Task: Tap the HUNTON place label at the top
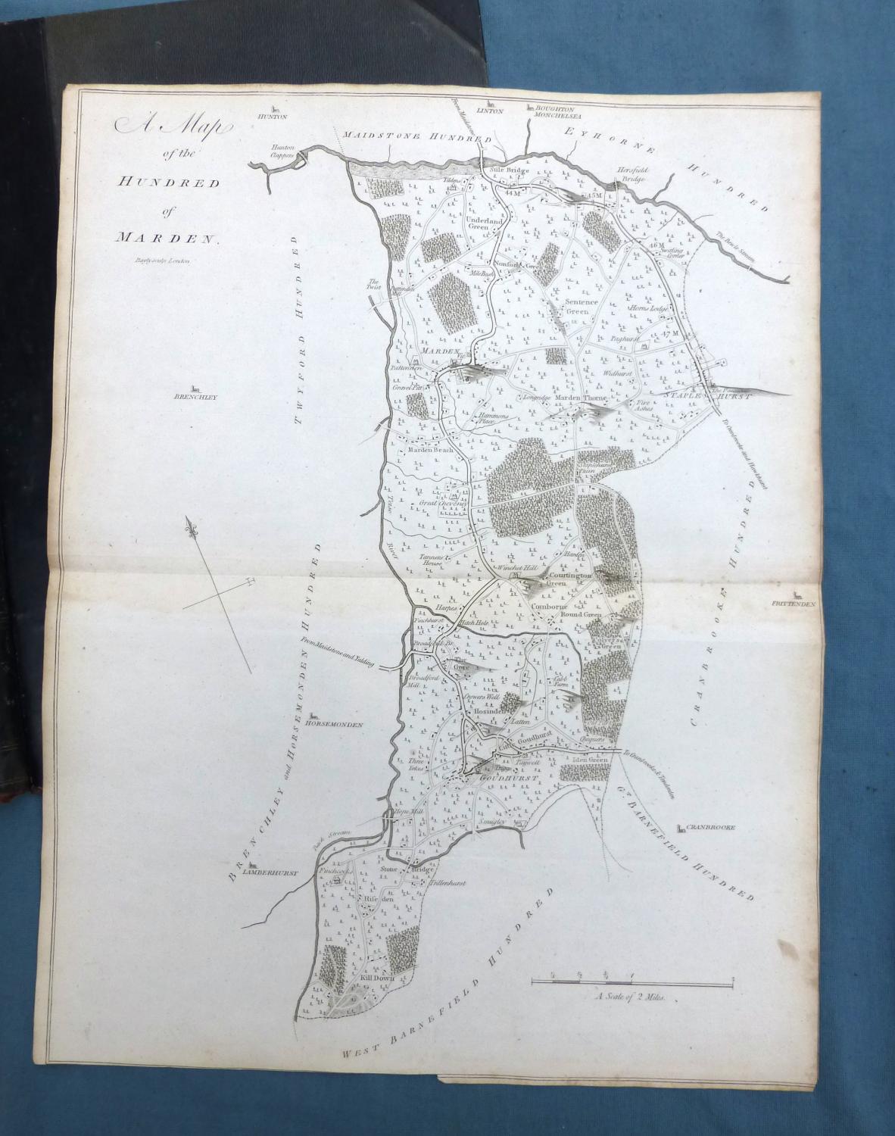click(274, 117)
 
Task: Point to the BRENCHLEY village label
click(195, 396)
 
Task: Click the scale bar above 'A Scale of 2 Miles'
click(632, 982)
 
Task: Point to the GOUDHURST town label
click(493, 778)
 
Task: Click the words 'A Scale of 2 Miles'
click(629, 998)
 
